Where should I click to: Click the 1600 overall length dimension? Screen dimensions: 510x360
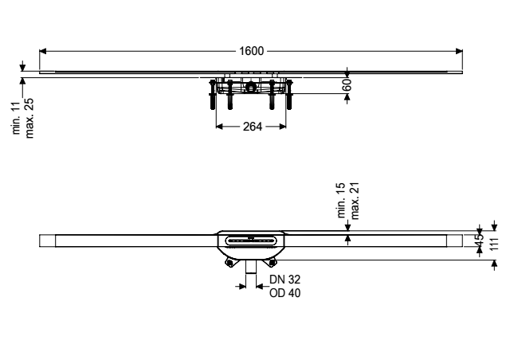click(x=252, y=51)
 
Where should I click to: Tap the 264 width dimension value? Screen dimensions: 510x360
click(x=253, y=127)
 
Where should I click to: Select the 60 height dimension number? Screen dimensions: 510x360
click(x=347, y=84)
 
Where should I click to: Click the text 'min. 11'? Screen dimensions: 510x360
click(x=16, y=118)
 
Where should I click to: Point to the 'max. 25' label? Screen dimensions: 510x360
click(x=29, y=119)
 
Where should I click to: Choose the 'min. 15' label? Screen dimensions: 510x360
click(x=341, y=201)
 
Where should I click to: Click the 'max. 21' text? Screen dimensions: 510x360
click(x=355, y=201)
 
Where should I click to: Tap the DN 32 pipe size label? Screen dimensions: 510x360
click(x=284, y=280)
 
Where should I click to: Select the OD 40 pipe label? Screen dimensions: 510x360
click(x=285, y=293)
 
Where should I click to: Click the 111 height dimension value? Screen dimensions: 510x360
click(x=494, y=244)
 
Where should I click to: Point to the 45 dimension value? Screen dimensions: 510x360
click(x=480, y=241)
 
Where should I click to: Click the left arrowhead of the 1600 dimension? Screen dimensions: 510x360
click(x=43, y=51)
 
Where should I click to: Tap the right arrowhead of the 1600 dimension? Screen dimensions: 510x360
click(x=459, y=51)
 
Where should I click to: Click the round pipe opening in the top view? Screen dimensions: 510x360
click(x=250, y=87)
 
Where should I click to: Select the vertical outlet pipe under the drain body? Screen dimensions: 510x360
click(x=251, y=267)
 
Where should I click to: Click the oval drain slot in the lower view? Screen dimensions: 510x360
click(x=251, y=241)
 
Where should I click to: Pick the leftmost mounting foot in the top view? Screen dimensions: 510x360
click(x=213, y=94)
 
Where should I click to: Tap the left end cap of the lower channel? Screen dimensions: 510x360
click(x=48, y=241)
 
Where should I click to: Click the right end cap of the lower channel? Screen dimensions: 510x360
click(x=454, y=241)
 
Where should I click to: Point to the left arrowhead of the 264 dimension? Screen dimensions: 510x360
click(x=220, y=127)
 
